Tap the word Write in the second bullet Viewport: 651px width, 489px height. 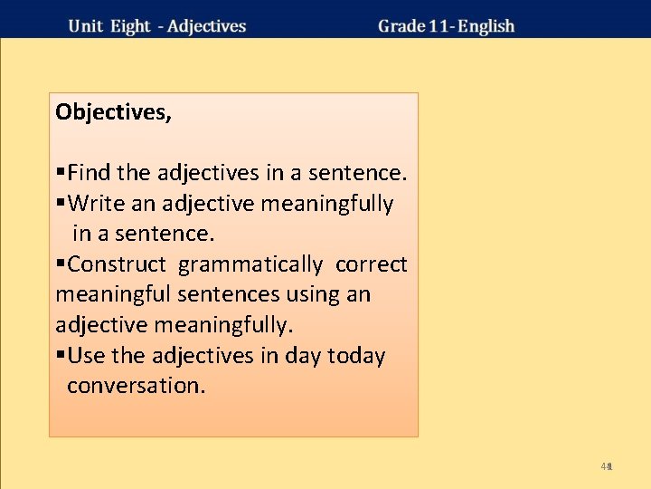pyautogui.click(x=97, y=204)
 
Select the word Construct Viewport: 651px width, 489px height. pyautogui.click(x=117, y=264)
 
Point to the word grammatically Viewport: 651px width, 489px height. pyautogui.click(x=250, y=264)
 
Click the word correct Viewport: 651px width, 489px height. pyautogui.click(x=372, y=264)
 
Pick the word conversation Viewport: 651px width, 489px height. pyautogui.click(x=136, y=386)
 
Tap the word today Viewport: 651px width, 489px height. pyautogui.click(x=355, y=356)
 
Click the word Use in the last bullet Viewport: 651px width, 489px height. pyautogui.click(x=87, y=356)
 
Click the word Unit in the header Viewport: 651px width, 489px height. pyautogui.click(x=86, y=25)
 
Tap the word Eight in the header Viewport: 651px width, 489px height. pyautogui.click(x=130, y=25)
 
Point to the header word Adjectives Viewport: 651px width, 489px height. pyautogui.click(x=207, y=25)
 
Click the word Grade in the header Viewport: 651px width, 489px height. pyautogui.click(x=402, y=25)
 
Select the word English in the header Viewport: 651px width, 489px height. pyautogui.click(x=486, y=25)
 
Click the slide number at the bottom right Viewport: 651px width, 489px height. pyautogui.click(x=608, y=466)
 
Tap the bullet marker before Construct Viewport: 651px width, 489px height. pyautogui.click(x=61, y=264)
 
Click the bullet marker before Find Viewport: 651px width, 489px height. pyautogui.click(x=61, y=172)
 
